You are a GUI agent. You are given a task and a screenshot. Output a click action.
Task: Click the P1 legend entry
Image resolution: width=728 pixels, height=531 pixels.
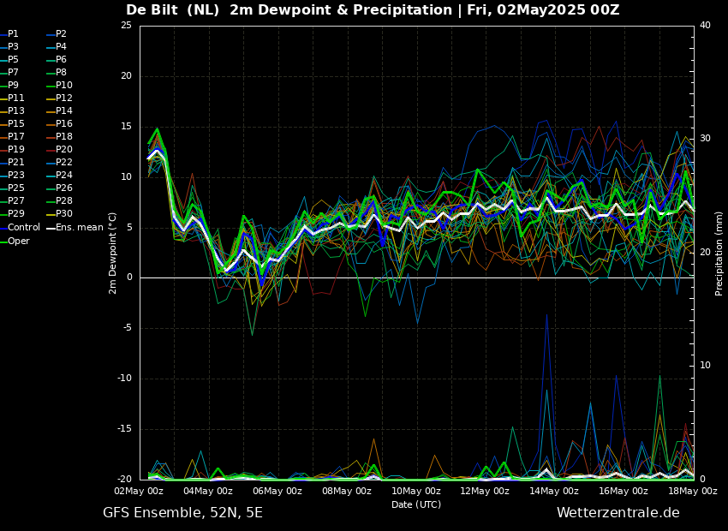(13, 33)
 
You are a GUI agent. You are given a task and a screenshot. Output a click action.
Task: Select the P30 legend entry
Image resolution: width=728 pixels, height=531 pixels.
(64, 214)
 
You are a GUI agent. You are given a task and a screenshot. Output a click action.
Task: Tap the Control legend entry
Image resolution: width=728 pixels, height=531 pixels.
(23, 228)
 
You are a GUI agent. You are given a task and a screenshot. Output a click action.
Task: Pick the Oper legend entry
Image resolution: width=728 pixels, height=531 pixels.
(18, 241)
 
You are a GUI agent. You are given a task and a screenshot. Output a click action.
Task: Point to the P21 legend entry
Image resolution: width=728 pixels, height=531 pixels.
(16, 163)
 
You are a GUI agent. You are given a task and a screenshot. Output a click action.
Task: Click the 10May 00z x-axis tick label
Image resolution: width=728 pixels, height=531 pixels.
(415, 492)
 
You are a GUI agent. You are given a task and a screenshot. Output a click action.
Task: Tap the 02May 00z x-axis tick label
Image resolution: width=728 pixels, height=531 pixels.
(139, 492)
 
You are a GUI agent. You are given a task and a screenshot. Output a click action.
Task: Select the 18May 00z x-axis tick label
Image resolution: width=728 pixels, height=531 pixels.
(692, 492)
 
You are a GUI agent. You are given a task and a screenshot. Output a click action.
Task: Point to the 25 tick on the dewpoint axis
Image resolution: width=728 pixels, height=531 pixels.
(126, 26)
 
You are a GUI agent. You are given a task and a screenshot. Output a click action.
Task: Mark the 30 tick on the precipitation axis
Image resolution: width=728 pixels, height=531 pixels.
(705, 139)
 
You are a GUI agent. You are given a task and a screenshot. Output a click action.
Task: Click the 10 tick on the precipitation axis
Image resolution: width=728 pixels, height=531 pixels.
(705, 366)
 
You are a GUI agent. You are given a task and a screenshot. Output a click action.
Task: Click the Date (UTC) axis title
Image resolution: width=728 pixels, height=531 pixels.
(416, 505)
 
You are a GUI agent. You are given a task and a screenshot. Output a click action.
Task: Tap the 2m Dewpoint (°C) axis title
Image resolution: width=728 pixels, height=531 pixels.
(112, 253)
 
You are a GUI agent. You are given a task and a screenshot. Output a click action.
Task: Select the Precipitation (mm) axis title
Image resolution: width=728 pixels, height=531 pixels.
(719, 253)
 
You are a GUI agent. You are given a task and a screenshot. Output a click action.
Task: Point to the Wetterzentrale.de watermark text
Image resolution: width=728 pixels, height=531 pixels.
(618, 513)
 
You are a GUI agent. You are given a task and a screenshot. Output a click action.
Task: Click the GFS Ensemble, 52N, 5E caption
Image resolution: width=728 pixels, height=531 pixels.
(182, 513)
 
